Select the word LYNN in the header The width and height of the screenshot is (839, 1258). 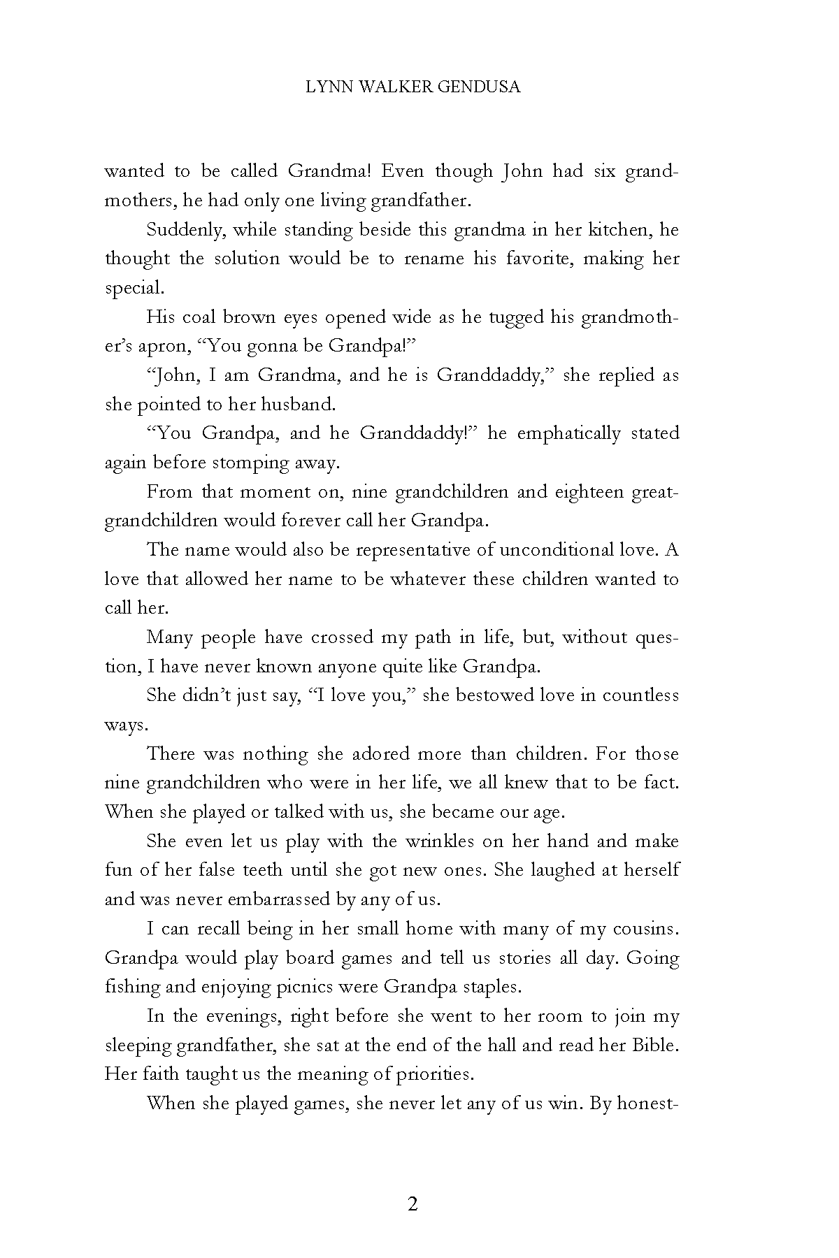pyautogui.click(x=326, y=87)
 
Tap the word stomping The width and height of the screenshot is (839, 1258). pyautogui.click(x=249, y=463)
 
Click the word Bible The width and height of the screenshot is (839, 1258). pyautogui.click(x=654, y=1046)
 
